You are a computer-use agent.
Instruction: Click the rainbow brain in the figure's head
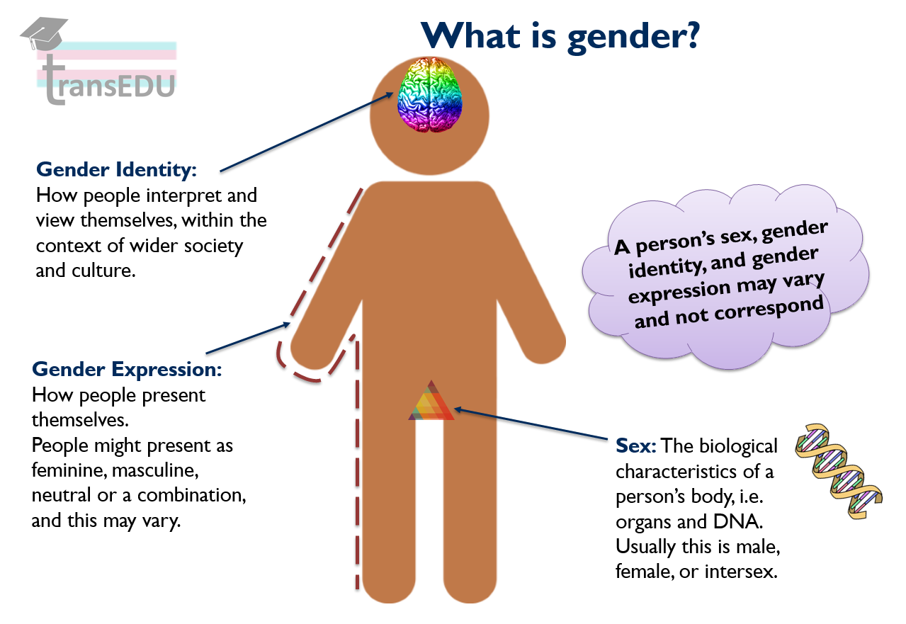(x=429, y=95)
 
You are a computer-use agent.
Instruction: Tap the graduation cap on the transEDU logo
(x=45, y=33)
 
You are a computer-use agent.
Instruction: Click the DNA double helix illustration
(x=838, y=471)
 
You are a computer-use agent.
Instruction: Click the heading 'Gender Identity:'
(x=116, y=170)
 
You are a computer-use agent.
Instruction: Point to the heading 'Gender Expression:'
(x=127, y=370)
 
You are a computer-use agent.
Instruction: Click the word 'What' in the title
(x=470, y=35)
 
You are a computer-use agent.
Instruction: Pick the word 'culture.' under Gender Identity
(x=103, y=271)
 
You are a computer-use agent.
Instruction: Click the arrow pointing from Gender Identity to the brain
(x=307, y=132)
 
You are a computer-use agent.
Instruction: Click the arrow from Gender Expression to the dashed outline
(x=248, y=338)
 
